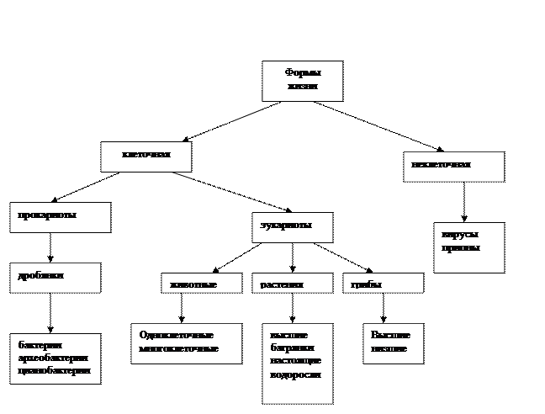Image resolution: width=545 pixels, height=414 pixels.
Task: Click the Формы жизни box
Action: [302, 82]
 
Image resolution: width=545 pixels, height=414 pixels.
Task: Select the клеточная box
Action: [146, 157]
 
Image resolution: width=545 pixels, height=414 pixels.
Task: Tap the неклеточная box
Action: [453, 167]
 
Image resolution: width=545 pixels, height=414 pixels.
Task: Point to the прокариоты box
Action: [60, 217]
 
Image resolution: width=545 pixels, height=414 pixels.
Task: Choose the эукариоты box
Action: [292, 227]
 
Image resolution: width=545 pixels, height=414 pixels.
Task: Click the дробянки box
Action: [55, 278]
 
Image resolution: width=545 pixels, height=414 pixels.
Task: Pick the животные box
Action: [201, 284]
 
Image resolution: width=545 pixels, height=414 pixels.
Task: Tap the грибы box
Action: [383, 284]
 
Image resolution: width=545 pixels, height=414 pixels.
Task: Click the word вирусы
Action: [460, 236]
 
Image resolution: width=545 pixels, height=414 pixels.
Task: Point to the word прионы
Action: [460, 249]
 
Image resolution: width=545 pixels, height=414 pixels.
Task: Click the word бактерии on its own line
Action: [41, 345]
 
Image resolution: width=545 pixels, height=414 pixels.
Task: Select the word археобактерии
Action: [54, 358]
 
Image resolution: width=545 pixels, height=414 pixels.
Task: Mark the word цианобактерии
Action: [54, 371]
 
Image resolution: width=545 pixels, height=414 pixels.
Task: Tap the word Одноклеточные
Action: [177, 335]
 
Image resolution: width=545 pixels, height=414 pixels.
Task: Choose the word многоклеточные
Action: [179, 348]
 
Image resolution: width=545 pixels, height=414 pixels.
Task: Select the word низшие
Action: [389, 348]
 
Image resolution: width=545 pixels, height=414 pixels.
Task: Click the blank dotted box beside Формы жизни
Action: [231, 107]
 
